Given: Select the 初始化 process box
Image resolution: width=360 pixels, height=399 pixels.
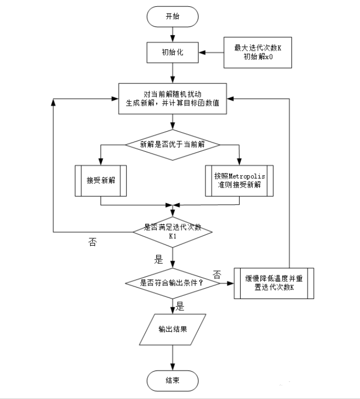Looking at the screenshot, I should click(173, 52).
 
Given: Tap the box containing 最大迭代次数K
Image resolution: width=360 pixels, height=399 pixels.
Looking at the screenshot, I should click(258, 52).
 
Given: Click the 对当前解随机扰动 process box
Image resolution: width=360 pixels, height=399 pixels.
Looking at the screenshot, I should click(173, 98).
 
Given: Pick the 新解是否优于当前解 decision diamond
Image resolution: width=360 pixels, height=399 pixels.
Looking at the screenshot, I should click(173, 145).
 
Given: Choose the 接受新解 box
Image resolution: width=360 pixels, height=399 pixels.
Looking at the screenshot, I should click(101, 181).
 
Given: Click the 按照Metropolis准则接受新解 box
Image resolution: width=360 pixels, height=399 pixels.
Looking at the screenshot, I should click(239, 181).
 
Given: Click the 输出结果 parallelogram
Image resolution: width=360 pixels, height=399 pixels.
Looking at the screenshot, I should click(173, 329).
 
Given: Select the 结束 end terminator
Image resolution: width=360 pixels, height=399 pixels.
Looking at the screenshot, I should click(173, 381).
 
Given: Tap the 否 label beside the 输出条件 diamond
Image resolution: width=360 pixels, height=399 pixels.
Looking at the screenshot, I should click(217, 274).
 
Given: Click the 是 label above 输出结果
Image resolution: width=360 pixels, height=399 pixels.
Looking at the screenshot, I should click(180, 306).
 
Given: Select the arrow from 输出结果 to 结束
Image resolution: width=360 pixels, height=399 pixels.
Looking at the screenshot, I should click(173, 358).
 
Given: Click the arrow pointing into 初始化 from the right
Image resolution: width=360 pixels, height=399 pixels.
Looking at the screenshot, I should click(213, 52).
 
